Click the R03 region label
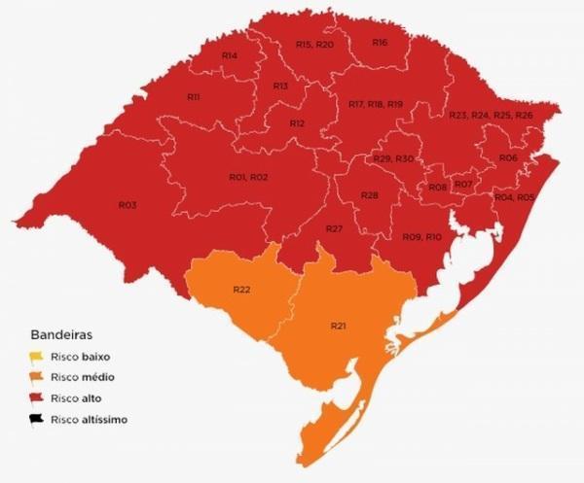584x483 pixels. (x=127, y=205)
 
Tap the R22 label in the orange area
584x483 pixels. (x=242, y=291)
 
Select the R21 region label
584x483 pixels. (x=338, y=325)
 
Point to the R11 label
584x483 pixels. (x=193, y=97)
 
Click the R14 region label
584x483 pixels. (x=229, y=56)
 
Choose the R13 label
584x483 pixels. (x=280, y=86)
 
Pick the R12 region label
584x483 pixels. (x=297, y=123)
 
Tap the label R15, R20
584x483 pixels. (x=314, y=45)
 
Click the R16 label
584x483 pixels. (x=380, y=43)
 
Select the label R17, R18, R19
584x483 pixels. (x=375, y=104)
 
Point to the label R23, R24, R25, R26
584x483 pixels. (x=491, y=116)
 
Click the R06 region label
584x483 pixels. (x=507, y=157)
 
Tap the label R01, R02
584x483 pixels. (x=248, y=177)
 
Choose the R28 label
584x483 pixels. (x=369, y=195)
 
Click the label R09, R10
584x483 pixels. (x=422, y=237)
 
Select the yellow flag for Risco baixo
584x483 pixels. (x=36, y=356)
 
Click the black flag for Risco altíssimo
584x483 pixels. (x=36, y=419)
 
